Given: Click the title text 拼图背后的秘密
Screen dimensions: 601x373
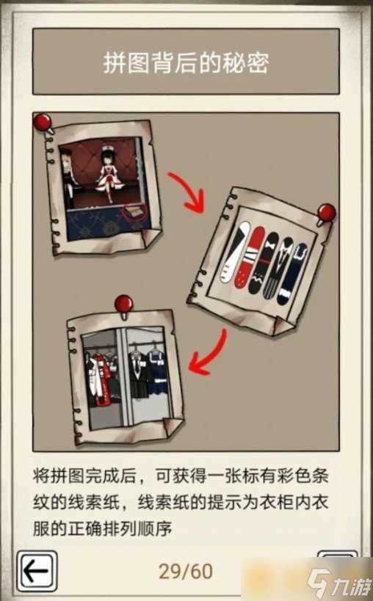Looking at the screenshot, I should (186, 63).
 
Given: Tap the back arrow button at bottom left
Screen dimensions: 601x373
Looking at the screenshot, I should (37, 569).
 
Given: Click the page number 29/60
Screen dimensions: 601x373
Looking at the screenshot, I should (186, 570).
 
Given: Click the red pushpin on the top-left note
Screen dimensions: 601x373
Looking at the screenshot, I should (45, 121).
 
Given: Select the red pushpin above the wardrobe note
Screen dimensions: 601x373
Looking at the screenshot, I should (124, 303).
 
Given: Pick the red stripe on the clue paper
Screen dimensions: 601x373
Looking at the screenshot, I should (256, 261).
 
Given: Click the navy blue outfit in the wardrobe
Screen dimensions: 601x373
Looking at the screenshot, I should (156, 375).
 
